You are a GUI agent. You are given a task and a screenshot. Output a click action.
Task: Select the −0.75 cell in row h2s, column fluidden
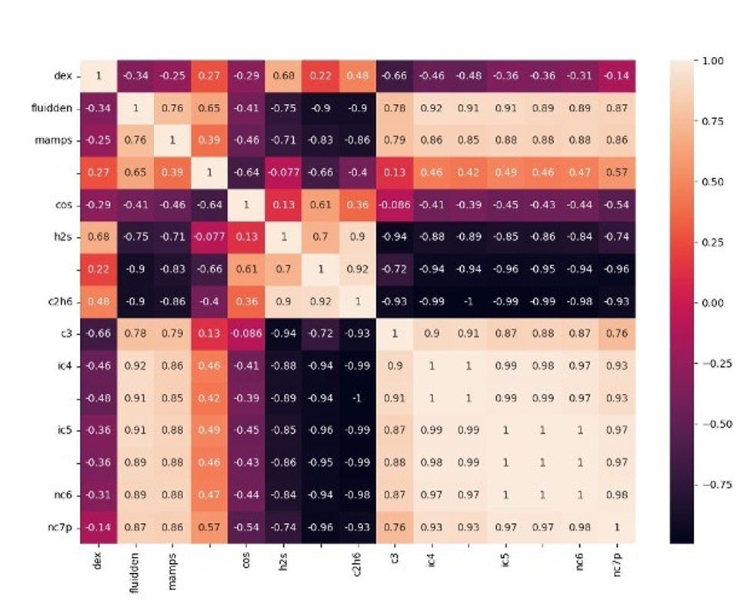(x=135, y=237)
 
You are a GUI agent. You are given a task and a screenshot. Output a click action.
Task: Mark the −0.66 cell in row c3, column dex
(x=98, y=334)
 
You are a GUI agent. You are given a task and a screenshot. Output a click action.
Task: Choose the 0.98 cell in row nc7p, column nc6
(x=579, y=527)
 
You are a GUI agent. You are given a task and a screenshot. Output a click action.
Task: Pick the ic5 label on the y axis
(x=62, y=430)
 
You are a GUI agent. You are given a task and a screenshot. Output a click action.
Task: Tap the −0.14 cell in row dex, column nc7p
(x=616, y=76)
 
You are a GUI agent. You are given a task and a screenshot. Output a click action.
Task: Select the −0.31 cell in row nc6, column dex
(x=98, y=494)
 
